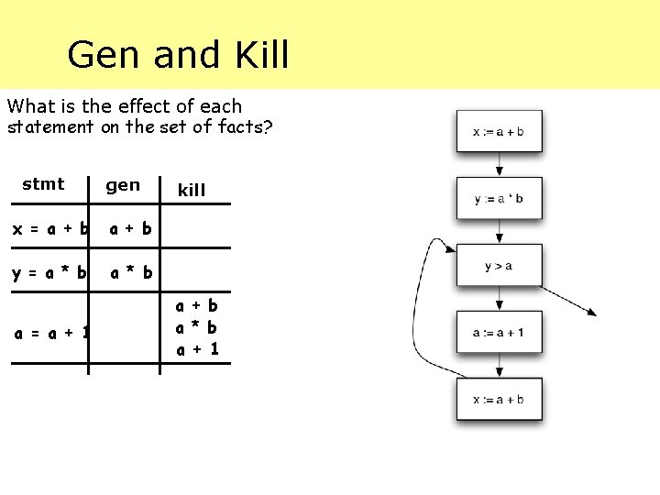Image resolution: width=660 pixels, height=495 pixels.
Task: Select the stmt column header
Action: [x=43, y=184]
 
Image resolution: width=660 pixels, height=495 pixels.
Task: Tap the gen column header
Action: [x=123, y=185]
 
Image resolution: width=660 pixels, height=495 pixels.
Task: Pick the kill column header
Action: [x=192, y=191]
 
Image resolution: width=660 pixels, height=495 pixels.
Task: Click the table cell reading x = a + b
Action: [x=50, y=229]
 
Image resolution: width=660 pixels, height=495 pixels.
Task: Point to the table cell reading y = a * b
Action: [x=50, y=272]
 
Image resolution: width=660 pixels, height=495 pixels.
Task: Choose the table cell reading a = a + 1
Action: [x=51, y=333]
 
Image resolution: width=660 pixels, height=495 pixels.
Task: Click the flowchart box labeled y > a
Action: [x=499, y=266]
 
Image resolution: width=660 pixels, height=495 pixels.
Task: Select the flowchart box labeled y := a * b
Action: [x=499, y=198]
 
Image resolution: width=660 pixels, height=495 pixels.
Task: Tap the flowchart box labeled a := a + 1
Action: [x=499, y=333]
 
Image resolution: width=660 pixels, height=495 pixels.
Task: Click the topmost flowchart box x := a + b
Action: [x=499, y=131]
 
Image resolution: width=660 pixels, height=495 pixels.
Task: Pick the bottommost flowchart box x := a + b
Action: [x=499, y=400]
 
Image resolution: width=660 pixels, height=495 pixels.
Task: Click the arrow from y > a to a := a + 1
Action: [x=499, y=299]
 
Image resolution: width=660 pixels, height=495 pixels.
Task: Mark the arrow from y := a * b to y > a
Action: [x=499, y=232]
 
